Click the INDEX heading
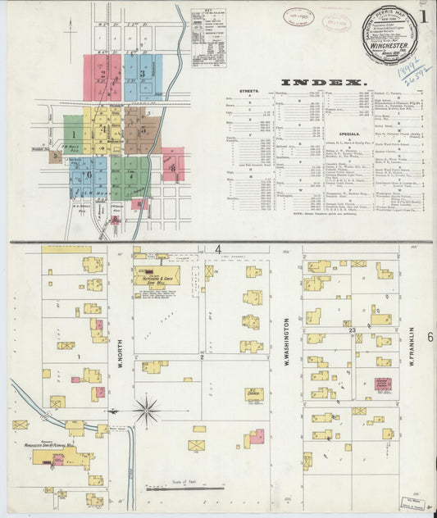click(x=322, y=83)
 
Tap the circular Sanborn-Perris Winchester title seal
click(x=390, y=34)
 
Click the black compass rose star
click(x=147, y=409)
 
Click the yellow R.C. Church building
click(x=253, y=393)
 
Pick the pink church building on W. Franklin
click(x=383, y=384)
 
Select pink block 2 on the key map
click(x=102, y=76)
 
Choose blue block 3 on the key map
click(x=143, y=77)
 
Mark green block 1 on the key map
click(x=74, y=134)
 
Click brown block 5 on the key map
click(x=143, y=131)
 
